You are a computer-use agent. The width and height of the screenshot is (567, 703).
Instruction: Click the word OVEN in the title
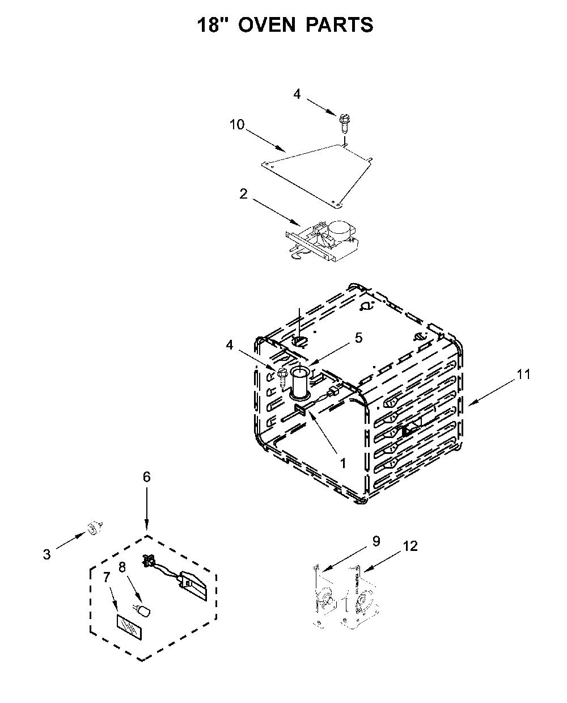(266, 25)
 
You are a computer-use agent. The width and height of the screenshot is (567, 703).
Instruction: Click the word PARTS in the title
(340, 25)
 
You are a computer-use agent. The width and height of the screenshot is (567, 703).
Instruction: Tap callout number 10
(237, 125)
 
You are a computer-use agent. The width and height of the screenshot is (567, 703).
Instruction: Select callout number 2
(243, 193)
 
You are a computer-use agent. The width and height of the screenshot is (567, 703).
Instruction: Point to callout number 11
(523, 374)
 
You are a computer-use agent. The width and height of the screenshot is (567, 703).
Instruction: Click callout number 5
(358, 338)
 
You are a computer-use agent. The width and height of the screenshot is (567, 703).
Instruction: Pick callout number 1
(343, 464)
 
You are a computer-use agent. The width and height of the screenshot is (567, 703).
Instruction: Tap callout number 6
(147, 477)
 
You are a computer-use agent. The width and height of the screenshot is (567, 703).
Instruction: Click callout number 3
(47, 554)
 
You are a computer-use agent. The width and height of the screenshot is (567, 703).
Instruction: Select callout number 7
(106, 577)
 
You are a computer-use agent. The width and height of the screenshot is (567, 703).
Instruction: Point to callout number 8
(122, 567)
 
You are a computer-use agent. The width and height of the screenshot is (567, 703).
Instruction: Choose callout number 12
(411, 546)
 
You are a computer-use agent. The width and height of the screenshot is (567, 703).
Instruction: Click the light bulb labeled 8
(142, 611)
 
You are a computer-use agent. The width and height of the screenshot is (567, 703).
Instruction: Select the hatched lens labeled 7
(129, 627)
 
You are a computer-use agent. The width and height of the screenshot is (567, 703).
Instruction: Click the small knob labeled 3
(94, 528)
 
